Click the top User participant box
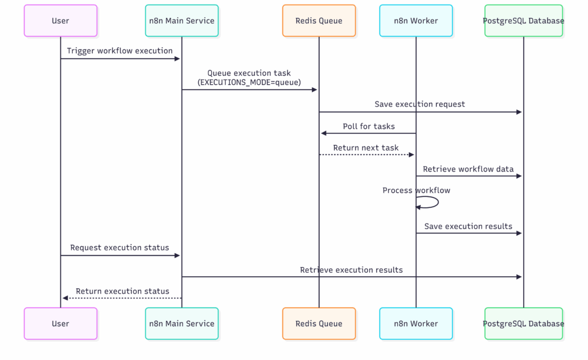[60, 21]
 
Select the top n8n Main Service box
[182, 21]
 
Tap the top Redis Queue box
[319, 21]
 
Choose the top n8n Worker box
[416, 21]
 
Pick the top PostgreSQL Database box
[524, 21]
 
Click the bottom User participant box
[60, 324]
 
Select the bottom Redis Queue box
[319, 324]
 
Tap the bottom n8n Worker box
[416, 324]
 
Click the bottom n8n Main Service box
[182, 324]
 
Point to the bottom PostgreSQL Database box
[524, 324]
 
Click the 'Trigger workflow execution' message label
[119, 51]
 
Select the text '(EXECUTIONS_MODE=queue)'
[249, 82]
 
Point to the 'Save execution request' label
[420, 104]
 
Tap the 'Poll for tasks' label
[369, 126]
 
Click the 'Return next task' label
[366, 148]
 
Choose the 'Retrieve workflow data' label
[468, 169]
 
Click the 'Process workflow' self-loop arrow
[438, 202]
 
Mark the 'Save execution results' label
[468, 226]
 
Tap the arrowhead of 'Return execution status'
[65, 298]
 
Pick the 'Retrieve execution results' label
[351, 270]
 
